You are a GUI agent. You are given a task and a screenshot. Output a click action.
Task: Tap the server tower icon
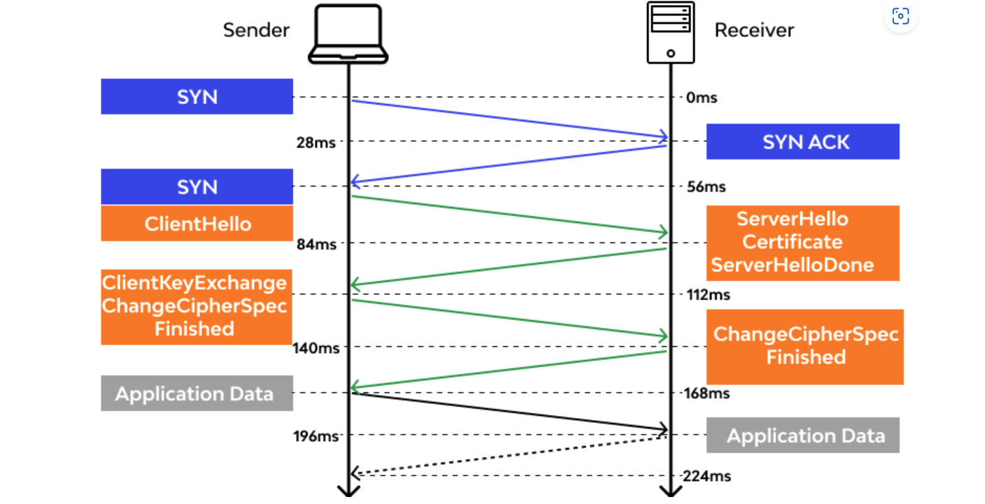[670, 32]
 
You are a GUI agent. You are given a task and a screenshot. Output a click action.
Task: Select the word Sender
[256, 30]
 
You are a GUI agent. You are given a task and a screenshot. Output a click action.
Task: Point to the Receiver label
[754, 30]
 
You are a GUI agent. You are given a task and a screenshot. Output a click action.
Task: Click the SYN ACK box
[802, 142]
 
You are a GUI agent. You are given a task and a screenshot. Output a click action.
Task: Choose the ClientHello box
[197, 224]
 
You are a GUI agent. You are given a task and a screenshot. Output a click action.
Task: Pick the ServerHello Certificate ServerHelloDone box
[802, 243]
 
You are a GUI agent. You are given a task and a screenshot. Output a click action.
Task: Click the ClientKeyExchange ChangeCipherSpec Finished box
[196, 306]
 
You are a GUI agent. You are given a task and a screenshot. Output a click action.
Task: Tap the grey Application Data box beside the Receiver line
[802, 435]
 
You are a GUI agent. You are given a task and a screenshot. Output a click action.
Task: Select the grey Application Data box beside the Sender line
[197, 394]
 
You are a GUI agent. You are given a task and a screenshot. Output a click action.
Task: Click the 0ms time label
[702, 98]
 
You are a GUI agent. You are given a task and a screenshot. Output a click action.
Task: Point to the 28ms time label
[316, 143]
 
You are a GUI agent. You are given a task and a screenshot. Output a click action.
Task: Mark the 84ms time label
[316, 245]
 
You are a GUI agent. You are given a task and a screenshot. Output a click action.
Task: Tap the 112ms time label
[709, 295]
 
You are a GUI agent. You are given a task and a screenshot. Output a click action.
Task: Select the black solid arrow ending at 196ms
[509, 411]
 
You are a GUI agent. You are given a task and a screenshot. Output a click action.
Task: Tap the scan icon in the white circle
[900, 16]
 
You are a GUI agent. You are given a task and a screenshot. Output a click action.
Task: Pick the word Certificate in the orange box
[793, 243]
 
